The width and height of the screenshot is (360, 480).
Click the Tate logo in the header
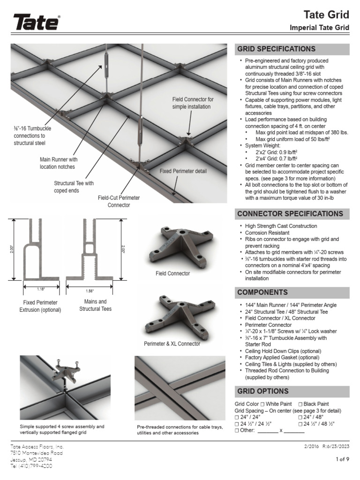coord(37,22)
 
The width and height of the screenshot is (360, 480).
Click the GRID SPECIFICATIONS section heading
coord(270,49)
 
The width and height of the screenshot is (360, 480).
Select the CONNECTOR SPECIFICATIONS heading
coord(290,214)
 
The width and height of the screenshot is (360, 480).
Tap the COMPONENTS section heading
coord(262,292)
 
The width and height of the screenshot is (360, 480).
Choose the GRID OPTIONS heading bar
coord(263,391)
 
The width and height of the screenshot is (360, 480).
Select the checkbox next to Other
coord(237,430)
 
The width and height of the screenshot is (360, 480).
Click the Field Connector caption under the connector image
coord(172,273)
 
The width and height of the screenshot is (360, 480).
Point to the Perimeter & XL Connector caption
coord(172,344)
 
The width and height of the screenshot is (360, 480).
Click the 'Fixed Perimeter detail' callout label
coord(183,171)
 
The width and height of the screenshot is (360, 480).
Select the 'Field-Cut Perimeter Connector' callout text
coord(119,201)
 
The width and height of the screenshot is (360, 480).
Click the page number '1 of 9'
coord(342,459)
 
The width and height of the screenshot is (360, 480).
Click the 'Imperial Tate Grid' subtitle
coord(320,28)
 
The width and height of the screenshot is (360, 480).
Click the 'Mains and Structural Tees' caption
coord(95,305)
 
